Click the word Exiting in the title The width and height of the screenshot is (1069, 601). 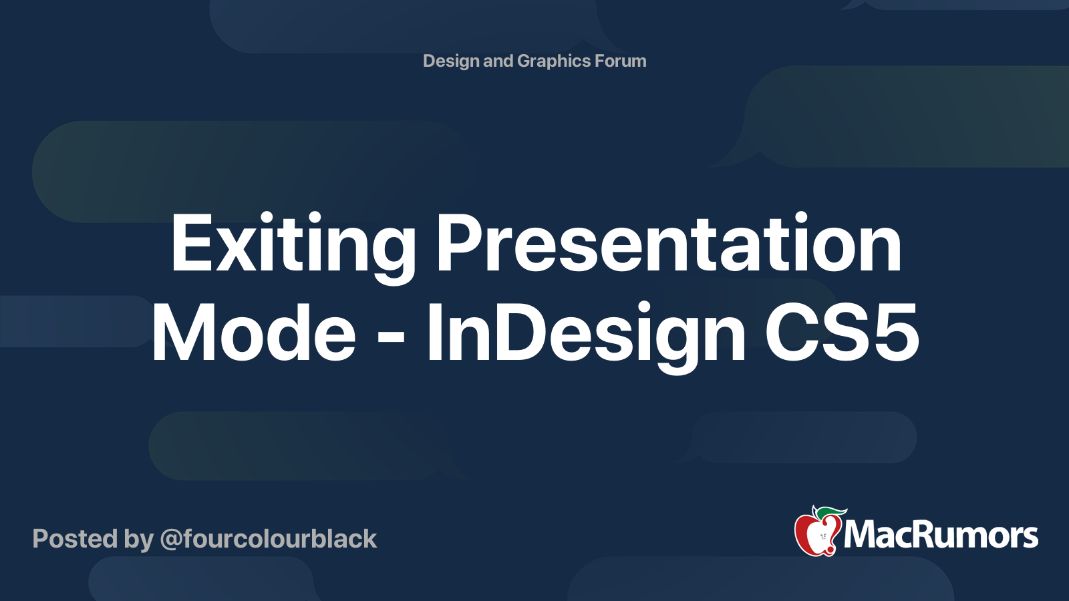293,247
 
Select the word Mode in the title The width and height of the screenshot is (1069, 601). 253,333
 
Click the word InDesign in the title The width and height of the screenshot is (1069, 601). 586,337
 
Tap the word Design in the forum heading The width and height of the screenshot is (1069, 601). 451,61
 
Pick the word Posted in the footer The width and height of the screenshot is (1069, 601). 75,538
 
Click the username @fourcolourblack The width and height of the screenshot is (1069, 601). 268,539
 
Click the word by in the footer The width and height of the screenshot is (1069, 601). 138,540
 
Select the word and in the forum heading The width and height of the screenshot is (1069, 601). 498,61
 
